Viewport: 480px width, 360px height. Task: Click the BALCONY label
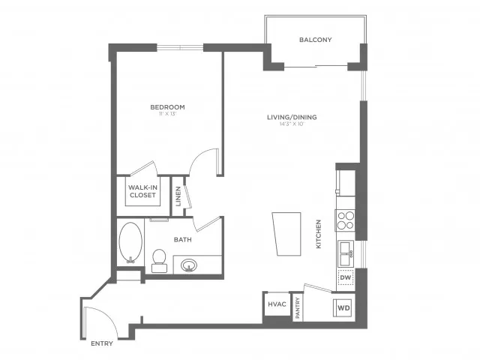click(315, 40)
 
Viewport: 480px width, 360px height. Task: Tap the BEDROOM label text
click(167, 107)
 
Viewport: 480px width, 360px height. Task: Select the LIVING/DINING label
click(292, 117)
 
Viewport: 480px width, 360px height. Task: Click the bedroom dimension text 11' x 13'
click(167, 115)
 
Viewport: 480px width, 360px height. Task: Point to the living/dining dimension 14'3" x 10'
click(292, 124)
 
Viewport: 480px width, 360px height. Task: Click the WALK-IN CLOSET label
click(142, 191)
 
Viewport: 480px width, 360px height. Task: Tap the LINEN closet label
click(178, 196)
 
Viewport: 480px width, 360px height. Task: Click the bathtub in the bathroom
click(130, 241)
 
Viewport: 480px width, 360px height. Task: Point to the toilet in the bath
click(159, 259)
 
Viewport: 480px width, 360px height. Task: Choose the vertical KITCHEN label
click(319, 234)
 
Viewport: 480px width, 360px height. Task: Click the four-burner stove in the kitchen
click(345, 220)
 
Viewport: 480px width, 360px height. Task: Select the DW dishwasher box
click(345, 278)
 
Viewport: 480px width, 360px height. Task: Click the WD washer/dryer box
click(343, 307)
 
